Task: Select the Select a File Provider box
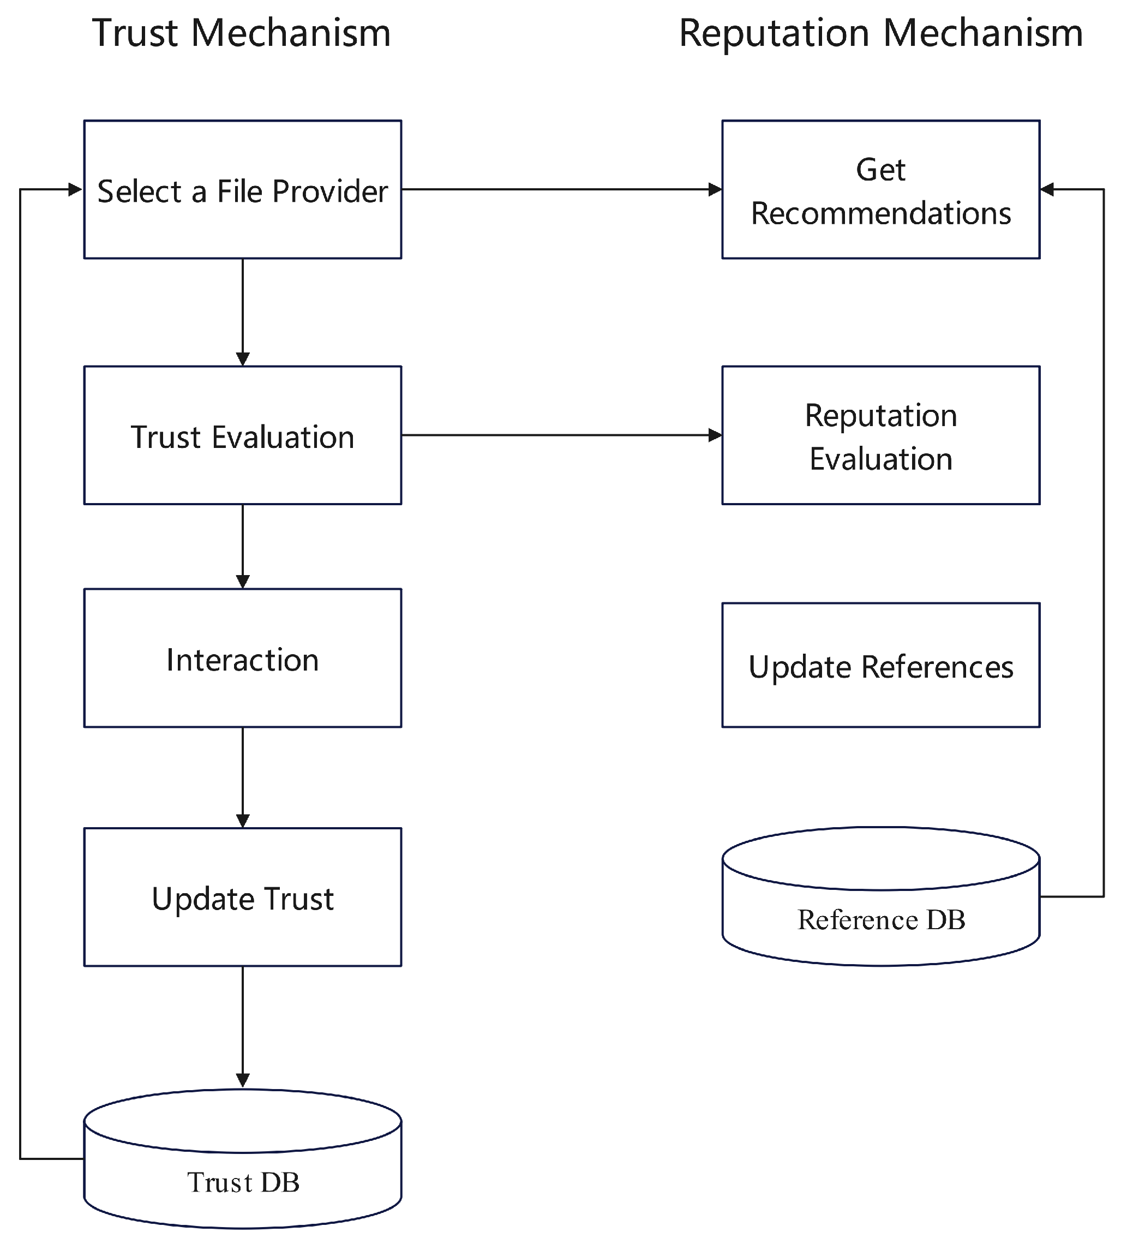point(243,190)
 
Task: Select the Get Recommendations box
point(881,190)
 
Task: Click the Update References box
point(881,666)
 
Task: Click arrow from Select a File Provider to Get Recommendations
point(561,190)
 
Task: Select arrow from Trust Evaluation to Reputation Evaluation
point(561,435)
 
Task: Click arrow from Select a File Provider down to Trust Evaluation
point(243,311)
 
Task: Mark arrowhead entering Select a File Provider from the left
point(75,190)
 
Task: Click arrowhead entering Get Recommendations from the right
point(1047,190)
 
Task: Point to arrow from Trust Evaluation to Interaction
point(243,545)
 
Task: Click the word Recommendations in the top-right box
point(881,213)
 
